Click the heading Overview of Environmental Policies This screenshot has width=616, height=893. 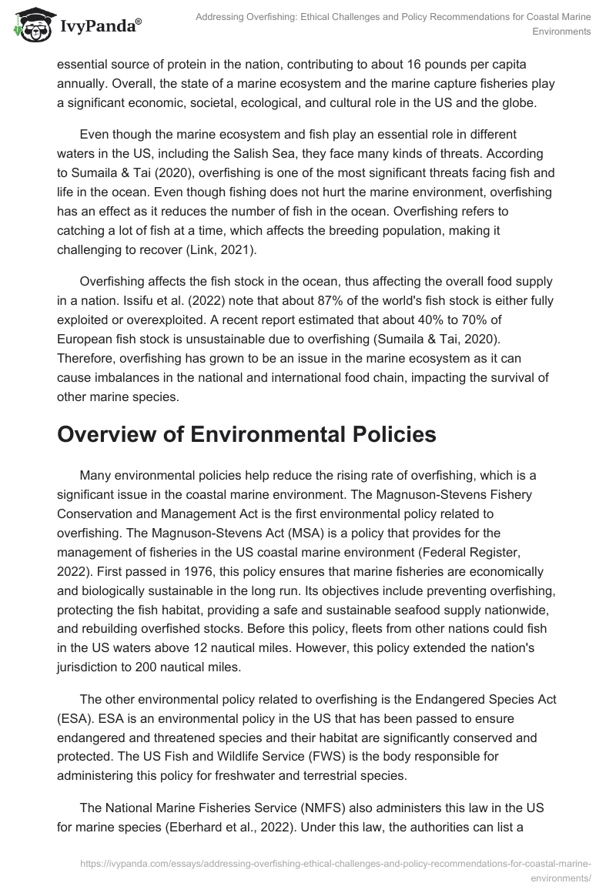coord(246,434)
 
